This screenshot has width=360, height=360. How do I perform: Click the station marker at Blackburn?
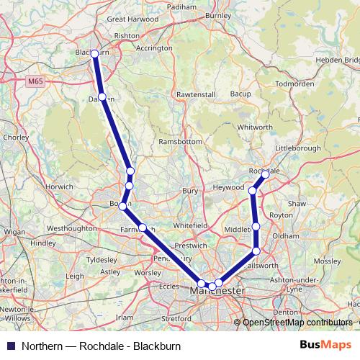click(x=94, y=53)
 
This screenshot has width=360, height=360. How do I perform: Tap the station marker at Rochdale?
click(x=265, y=174)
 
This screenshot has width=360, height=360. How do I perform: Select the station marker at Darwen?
click(x=102, y=97)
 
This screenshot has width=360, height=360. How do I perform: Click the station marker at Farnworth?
click(x=143, y=228)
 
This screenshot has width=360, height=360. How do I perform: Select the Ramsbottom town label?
click(x=181, y=142)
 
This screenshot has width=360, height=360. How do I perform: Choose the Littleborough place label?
click(x=297, y=148)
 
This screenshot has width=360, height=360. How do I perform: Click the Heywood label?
click(x=228, y=187)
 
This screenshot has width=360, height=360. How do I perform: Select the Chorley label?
click(x=14, y=136)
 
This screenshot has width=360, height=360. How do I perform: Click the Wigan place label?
click(x=14, y=232)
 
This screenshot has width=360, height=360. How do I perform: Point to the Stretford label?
click(x=176, y=317)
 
